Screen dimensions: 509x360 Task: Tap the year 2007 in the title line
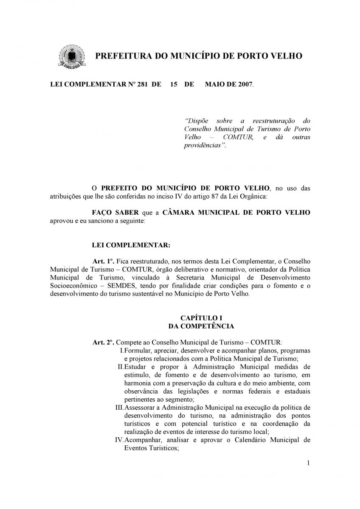(x=244, y=84)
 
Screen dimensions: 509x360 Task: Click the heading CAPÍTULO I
(x=201, y=318)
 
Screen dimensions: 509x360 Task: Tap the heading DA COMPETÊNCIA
(x=201, y=326)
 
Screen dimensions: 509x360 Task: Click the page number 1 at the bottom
(x=308, y=463)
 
